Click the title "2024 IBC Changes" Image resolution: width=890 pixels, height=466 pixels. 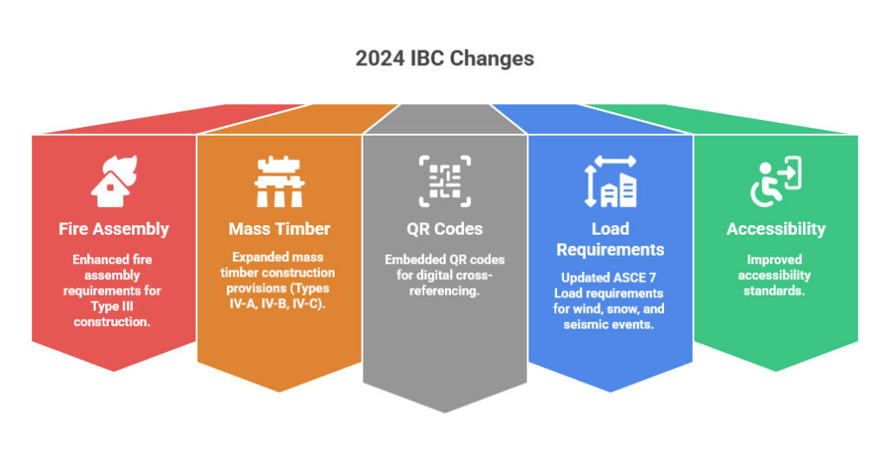(444, 58)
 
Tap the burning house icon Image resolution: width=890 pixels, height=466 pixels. (114, 181)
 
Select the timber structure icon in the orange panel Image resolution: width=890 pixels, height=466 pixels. (279, 182)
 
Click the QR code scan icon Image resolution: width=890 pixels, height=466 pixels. (445, 181)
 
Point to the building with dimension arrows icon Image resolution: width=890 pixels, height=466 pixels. (611, 181)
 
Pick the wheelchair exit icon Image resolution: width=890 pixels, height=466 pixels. (776, 182)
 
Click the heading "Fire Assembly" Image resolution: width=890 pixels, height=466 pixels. (114, 229)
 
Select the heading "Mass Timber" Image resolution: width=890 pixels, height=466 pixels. (279, 229)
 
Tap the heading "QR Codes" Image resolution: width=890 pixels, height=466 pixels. (444, 229)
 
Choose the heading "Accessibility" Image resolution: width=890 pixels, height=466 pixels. (776, 229)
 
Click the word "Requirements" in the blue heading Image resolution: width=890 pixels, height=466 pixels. (610, 250)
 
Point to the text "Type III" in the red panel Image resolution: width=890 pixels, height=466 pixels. (112, 307)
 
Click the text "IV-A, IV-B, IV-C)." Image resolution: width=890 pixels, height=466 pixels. (277, 304)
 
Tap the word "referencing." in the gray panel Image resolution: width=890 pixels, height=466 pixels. (444, 290)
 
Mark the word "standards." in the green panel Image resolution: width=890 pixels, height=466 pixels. (774, 290)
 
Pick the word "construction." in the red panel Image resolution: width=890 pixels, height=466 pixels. (112, 322)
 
